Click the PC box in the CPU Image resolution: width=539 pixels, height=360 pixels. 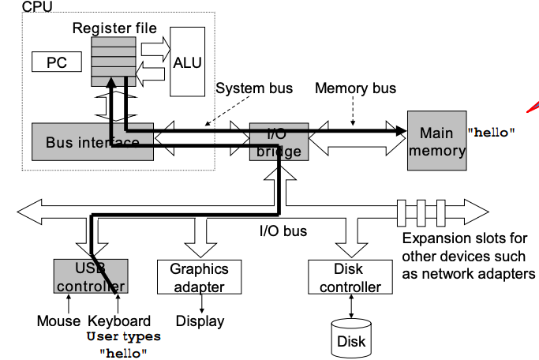[x=58, y=61]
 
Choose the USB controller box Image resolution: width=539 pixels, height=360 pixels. [x=90, y=276]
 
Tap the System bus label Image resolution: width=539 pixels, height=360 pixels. [x=254, y=88]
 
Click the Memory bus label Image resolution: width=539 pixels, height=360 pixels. [x=355, y=88]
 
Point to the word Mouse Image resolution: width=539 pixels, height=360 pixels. [x=58, y=321]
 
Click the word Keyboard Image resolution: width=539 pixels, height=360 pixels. [x=119, y=321]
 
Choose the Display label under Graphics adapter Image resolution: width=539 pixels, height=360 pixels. [x=200, y=321]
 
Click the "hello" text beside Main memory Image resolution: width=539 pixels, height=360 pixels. [x=492, y=132]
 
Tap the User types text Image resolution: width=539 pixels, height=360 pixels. [x=123, y=337]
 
